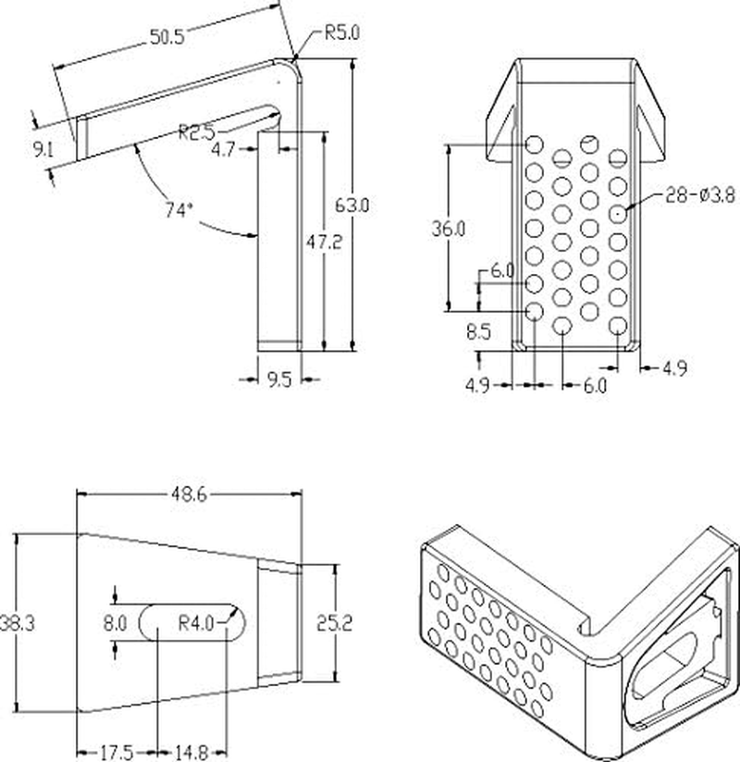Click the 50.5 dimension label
(167, 36)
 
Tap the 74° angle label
(179, 210)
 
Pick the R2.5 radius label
(198, 131)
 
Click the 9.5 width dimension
(278, 379)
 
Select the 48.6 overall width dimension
(188, 495)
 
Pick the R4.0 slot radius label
(195, 624)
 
